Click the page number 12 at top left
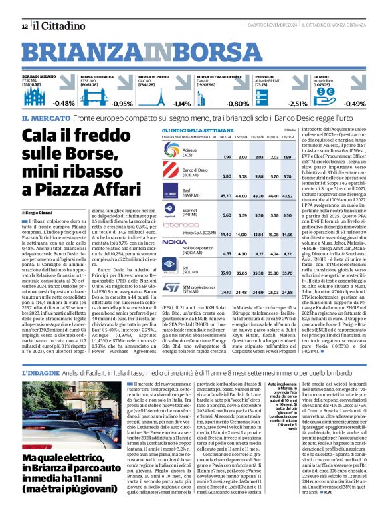(x=25, y=26)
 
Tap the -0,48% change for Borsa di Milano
(x=64, y=104)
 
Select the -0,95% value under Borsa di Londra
(x=122, y=104)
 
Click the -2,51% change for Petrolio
(x=298, y=104)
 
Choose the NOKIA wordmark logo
(x=174, y=241)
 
